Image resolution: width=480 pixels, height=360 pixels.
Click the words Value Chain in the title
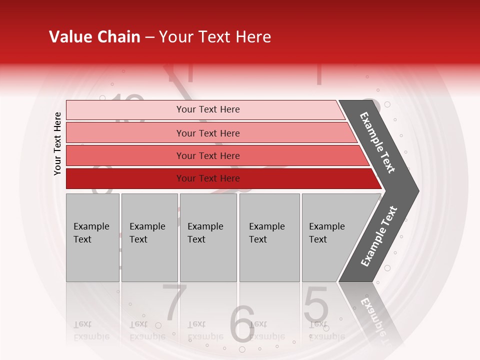pos(94,37)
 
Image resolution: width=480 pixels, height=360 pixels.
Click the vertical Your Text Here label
pos(57,143)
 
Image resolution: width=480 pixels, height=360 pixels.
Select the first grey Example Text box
pos(92,237)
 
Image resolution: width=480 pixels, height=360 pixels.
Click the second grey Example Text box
pos(149,237)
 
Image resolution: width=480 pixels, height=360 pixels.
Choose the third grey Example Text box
pos(208,237)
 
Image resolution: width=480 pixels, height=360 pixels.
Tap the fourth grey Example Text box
pos(269,237)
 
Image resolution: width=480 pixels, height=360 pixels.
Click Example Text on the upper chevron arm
pos(377,142)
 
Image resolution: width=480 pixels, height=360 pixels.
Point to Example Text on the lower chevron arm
pos(379,236)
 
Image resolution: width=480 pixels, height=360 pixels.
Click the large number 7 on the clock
pos(175,302)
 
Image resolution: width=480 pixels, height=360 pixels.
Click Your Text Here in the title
pos(215,37)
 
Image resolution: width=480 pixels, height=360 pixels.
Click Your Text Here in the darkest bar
pos(208,178)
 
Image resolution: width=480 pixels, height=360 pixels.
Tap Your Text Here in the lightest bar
pos(208,109)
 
